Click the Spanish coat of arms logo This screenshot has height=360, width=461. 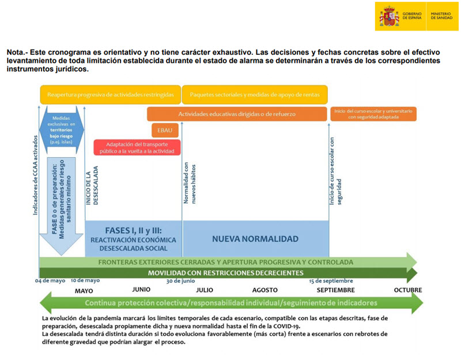click(x=388, y=17)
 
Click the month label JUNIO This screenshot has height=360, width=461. click(x=142, y=290)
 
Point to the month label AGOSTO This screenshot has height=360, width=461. click(x=265, y=290)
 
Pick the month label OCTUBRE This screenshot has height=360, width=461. click(x=407, y=290)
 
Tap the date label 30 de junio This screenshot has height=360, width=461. click(x=180, y=281)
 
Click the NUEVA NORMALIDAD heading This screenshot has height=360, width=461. click(x=255, y=238)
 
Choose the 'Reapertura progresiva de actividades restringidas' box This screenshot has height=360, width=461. click(x=111, y=94)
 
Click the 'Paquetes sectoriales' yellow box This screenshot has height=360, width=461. click(x=255, y=94)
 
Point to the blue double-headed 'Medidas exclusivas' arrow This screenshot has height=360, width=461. click(x=62, y=128)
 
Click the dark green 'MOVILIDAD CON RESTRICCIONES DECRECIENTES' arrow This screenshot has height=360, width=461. click(x=225, y=272)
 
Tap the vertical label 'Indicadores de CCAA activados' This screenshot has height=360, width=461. click(x=35, y=179)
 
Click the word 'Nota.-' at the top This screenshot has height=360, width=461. click(x=17, y=52)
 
